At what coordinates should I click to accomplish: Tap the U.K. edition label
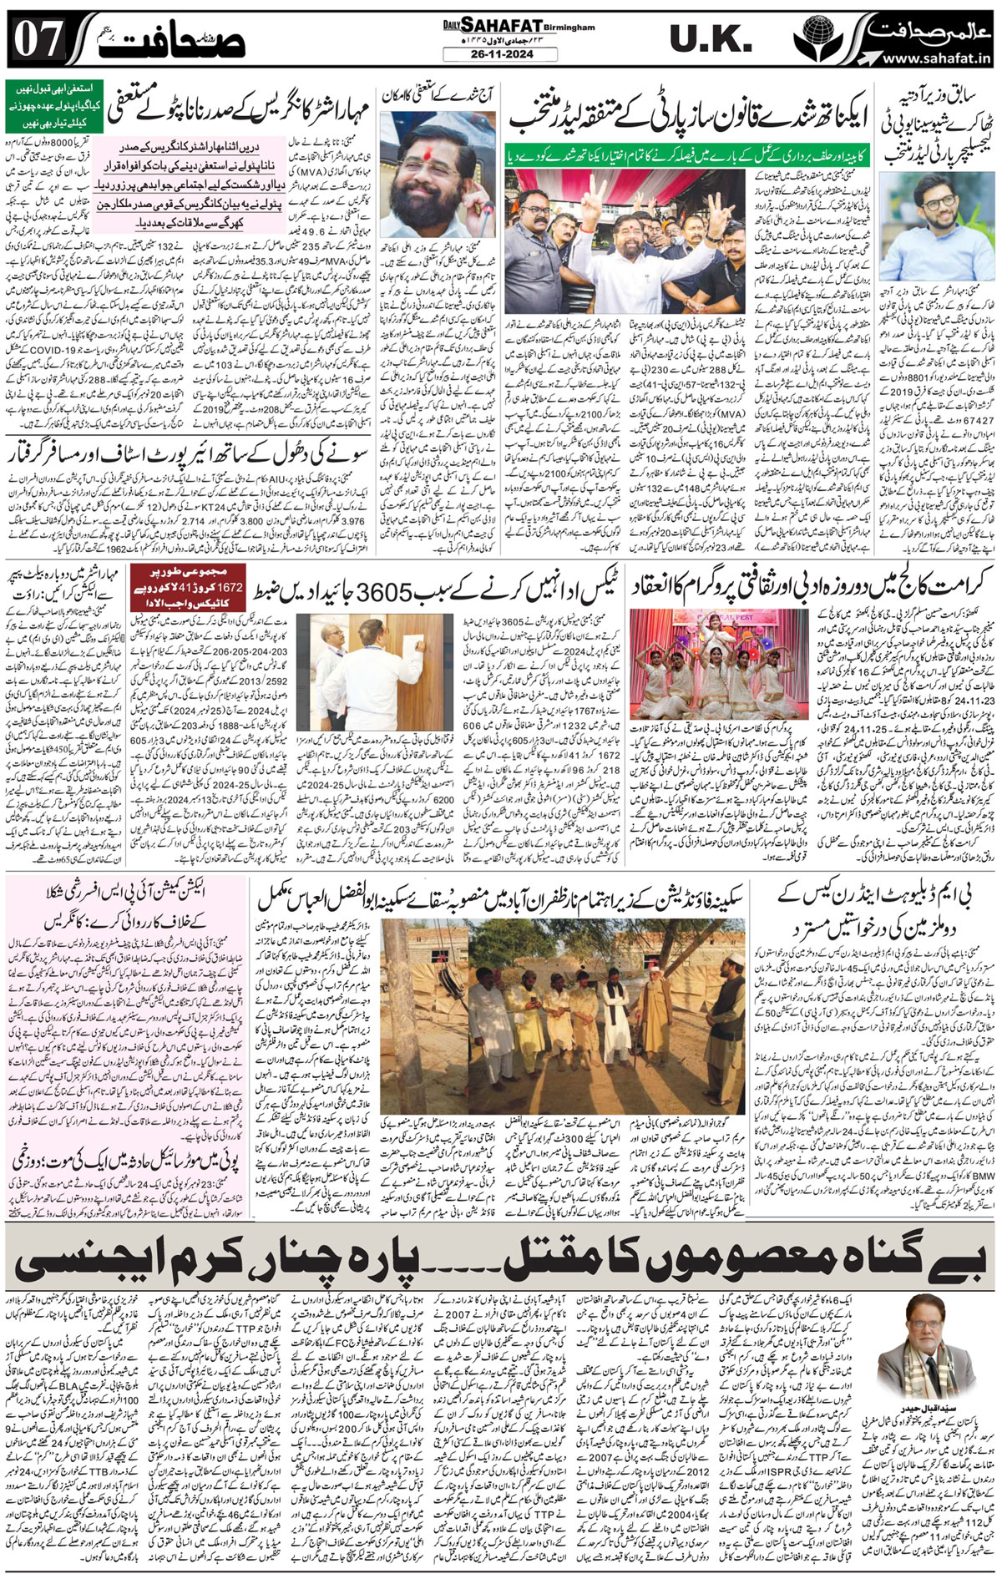tap(711, 38)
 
